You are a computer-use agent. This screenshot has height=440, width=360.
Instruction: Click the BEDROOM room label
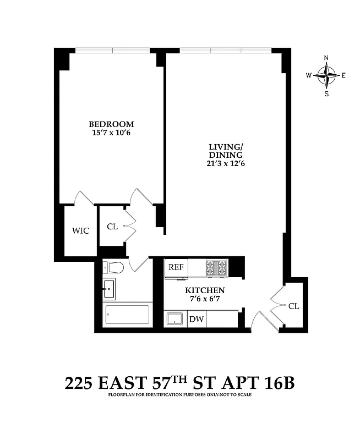[x=112, y=124]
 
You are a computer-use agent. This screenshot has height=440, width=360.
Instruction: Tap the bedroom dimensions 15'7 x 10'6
[x=112, y=133]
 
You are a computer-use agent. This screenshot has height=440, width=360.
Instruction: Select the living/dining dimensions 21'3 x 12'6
[x=226, y=163]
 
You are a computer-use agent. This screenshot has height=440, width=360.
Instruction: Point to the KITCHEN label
[x=204, y=290]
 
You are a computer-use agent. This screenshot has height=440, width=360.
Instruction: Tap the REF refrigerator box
[x=176, y=267]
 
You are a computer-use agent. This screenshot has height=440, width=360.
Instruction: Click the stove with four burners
[x=216, y=267]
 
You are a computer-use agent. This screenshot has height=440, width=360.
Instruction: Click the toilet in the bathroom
[x=115, y=268]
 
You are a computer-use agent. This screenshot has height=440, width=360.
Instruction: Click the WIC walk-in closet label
[x=80, y=231]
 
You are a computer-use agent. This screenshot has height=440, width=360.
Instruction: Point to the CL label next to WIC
[x=112, y=226]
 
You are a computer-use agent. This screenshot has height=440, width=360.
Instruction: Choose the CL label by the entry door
[x=293, y=306]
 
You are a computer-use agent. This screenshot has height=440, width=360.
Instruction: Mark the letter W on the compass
[x=309, y=75]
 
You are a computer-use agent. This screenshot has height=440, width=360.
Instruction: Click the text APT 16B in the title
[x=263, y=383]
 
